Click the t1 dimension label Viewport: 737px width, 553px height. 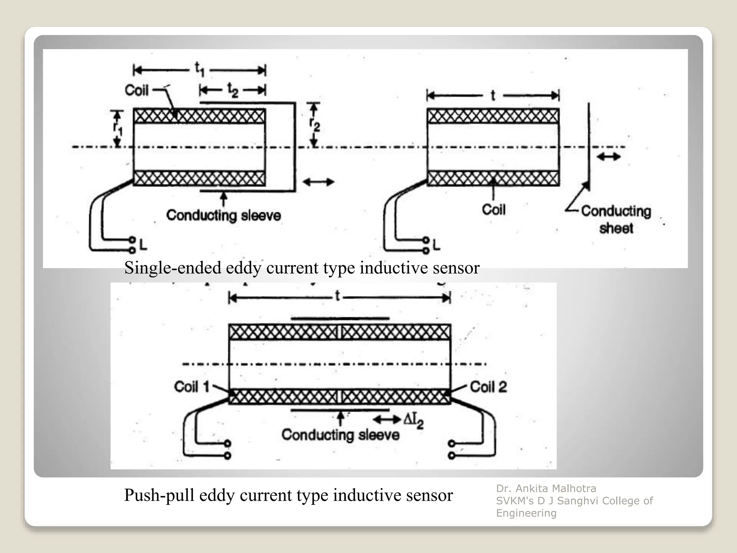pos(199,69)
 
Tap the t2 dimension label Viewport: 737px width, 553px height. pos(232,90)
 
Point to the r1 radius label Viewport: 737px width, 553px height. pos(117,128)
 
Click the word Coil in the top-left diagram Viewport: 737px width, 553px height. pos(136,90)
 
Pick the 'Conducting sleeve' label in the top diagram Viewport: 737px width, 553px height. pos(223,215)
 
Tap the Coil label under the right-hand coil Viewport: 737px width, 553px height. pos(494,210)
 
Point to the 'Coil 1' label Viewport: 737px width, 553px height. pos(191,387)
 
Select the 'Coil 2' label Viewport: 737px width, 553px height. pos(488,387)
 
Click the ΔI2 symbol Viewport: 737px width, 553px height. pos(413,421)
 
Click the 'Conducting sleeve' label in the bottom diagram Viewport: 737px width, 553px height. pos(340,435)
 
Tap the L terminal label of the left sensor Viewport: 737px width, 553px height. pos(143,246)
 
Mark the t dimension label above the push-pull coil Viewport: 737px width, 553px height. pos(337,296)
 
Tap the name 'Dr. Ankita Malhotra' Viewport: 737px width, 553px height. pos(546,489)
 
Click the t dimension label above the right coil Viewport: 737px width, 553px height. pos(493,95)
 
